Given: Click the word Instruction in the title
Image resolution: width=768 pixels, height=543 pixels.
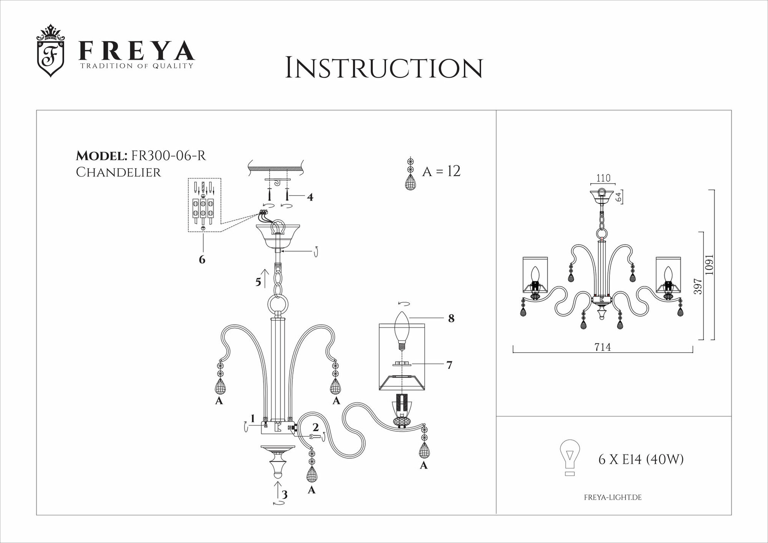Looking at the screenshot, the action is click(384, 68).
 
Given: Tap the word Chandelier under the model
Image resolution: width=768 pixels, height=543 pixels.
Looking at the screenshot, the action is click(118, 172).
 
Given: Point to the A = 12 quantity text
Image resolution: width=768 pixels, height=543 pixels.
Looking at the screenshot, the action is click(441, 171).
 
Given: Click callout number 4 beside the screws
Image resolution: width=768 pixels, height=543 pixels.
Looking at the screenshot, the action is click(310, 197).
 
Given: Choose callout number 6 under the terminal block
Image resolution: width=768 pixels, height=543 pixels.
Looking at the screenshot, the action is click(202, 260).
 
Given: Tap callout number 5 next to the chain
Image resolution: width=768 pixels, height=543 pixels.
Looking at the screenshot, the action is click(258, 282).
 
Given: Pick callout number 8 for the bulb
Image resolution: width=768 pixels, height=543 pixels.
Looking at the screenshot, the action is click(451, 318).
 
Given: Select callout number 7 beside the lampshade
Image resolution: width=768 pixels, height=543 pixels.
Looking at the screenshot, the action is click(449, 365).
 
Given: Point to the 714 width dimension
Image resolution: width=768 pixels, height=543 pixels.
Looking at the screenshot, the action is click(602, 347).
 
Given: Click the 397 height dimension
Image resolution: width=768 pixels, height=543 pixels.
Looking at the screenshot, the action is click(698, 286).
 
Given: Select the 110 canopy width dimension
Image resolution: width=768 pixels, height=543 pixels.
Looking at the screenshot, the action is click(603, 178).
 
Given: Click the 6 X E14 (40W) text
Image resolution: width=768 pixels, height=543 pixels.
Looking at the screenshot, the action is click(641, 459).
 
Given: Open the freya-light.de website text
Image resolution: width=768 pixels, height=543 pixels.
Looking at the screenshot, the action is click(612, 497).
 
